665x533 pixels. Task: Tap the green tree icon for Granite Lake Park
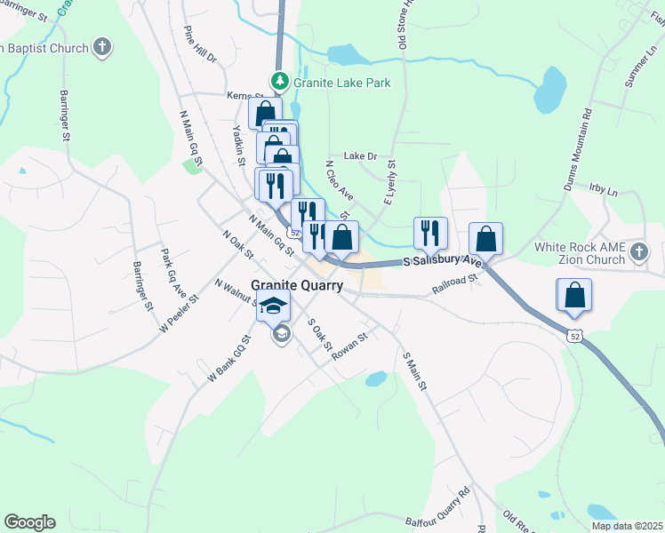coord(280,82)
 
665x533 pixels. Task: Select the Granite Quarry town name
coord(297,285)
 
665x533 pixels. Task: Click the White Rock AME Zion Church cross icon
coord(638,253)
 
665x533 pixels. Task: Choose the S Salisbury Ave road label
coord(442,263)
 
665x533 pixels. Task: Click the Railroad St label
coord(455,282)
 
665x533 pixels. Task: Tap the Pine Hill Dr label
coord(199,44)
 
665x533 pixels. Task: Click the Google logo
coord(29,522)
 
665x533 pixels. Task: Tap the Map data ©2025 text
coord(628,526)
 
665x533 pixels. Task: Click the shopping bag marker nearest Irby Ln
coord(485,239)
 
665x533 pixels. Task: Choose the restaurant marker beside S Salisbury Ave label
coord(430,233)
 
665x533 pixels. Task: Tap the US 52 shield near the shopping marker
coord(574,335)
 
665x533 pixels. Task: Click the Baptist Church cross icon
coord(102,46)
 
